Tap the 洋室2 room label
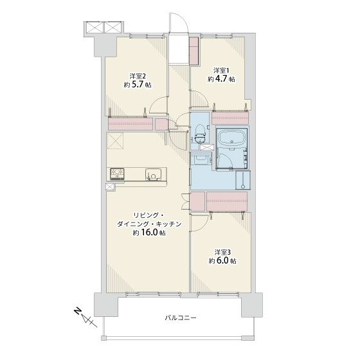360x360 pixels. tap(138, 76)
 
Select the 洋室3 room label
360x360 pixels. tap(222, 252)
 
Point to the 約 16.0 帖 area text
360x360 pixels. tap(149, 233)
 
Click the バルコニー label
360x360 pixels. tap(181, 318)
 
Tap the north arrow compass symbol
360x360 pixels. tap(85, 318)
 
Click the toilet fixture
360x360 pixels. tap(200, 134)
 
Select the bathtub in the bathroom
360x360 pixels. tap(231, 138)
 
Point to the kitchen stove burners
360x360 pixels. tap(117, 174)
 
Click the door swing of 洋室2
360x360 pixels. tap(158, 105)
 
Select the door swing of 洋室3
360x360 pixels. tap(200, 222)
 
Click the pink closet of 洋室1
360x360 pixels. tap(230, 118)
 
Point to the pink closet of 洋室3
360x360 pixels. tap(227, 201)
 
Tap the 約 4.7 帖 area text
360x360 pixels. tap(221, 79)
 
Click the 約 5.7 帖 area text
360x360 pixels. tap(138, 85)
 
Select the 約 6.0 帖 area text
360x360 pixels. tap(222, 261)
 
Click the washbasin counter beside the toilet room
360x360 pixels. tap(202, 158)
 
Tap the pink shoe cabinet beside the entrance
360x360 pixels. tap(194, 51)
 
